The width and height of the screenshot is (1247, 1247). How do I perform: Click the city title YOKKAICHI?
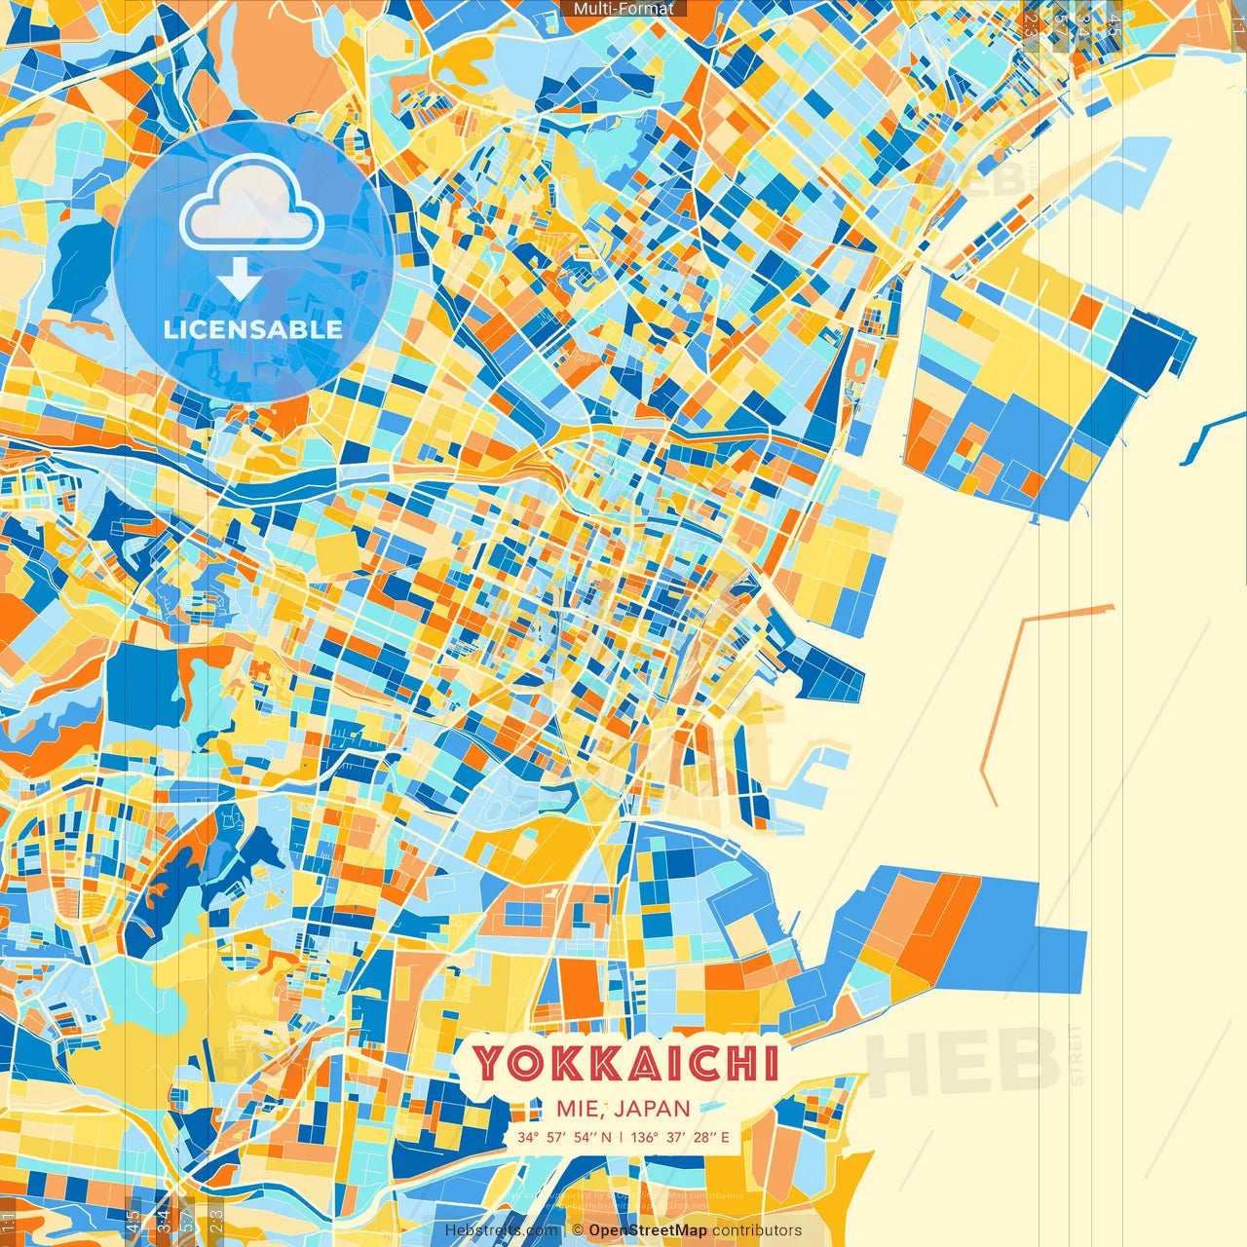[625, 1063]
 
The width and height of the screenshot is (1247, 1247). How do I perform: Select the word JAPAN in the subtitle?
[653, 1109]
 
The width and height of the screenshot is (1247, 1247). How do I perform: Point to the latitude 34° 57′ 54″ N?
[565, 1137]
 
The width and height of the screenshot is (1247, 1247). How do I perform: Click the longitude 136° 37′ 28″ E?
[680, 1137]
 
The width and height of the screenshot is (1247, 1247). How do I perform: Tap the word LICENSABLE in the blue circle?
[253, 329]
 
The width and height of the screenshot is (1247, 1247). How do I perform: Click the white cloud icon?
[251, 203]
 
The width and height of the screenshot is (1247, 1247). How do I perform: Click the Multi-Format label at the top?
[623, 9]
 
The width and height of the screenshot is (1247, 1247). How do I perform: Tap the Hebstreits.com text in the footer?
[501, 1230]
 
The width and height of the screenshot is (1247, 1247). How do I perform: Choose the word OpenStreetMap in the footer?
[648, 1230]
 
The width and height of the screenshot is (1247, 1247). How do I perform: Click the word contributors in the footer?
[757, 1230]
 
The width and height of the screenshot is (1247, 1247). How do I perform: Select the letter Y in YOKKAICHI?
[493, 1063]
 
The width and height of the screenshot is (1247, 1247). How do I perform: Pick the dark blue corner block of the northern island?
[1154, 351]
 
